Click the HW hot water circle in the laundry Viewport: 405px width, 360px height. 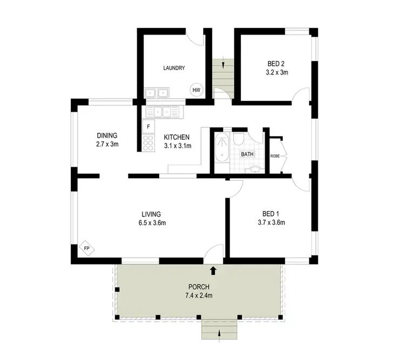point(196,90)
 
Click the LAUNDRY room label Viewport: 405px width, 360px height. point(174,68)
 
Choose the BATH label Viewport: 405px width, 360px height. point(247,154)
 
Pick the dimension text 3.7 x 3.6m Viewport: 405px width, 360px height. point(271,222)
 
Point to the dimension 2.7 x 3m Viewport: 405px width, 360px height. point(107,144)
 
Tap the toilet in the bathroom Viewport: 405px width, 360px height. point(238,141)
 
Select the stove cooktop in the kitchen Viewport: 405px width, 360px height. point(147,142)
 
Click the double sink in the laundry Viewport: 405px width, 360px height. point(156,93)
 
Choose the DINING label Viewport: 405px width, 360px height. point(107,135)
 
